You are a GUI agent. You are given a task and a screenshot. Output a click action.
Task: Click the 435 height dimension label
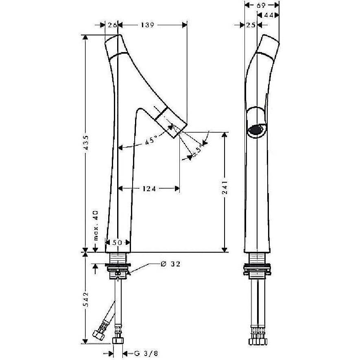coord(86,142)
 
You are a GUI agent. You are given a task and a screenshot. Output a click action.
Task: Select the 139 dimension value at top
coord(147,25)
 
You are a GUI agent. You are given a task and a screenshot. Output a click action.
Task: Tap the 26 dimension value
coord(112,25)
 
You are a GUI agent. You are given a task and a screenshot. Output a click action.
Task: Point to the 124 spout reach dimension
coord(149,189)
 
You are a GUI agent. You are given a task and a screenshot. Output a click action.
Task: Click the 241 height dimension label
coord(225,188)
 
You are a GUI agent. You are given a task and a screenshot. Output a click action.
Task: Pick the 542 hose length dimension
coord(86,300)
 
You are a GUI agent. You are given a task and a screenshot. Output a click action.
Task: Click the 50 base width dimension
coord(117,242)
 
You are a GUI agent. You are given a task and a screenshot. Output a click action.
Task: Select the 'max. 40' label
coord(96,225)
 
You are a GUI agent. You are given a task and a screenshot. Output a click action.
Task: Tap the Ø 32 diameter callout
coord(170,264)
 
